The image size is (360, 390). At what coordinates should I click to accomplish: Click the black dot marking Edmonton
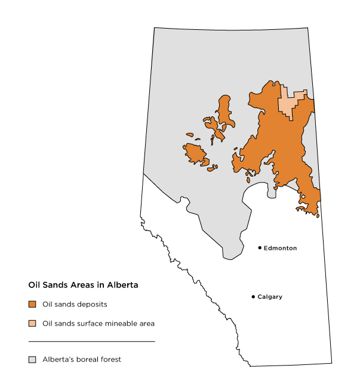coord(260,247)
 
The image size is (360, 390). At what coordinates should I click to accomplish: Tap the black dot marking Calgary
coord(253,296)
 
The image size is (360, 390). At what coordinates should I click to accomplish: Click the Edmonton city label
coord(280,248)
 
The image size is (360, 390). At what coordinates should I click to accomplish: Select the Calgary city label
coord(270,297)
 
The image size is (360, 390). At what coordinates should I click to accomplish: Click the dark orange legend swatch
coord(32,304)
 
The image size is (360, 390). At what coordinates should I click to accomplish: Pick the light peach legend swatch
coord(32,323)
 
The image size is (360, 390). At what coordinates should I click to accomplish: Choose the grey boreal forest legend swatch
coord(32,360)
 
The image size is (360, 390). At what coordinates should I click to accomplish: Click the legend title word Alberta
coord(123,285)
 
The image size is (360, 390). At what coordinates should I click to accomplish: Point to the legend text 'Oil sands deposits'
coord(75,304)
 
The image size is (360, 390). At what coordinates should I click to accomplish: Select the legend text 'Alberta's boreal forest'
coord(82,360)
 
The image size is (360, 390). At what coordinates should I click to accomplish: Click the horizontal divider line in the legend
coord(91,341)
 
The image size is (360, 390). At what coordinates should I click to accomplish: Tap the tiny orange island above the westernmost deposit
coord(190,135)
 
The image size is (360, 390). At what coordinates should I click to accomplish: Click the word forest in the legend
coord(111,360)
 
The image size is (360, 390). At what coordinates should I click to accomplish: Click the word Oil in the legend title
coord(34,285)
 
